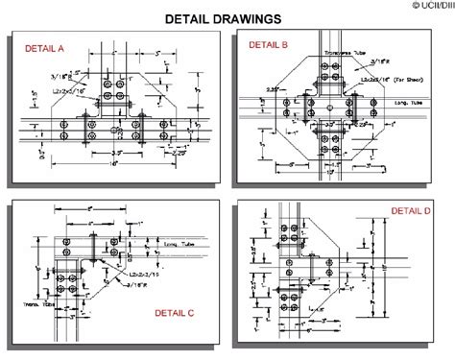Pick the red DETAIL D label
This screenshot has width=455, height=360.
[x=411, y=210]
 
